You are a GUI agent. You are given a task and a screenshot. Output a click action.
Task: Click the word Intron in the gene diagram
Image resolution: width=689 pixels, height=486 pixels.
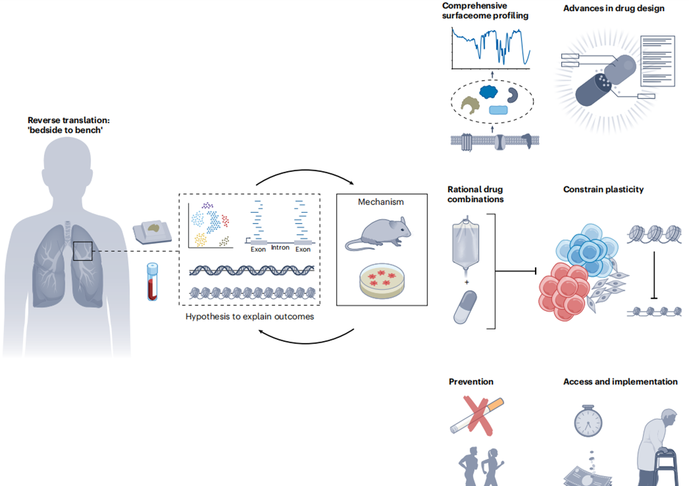click(280, 248)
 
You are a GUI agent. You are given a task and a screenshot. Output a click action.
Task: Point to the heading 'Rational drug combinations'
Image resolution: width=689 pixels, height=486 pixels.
click(475, 194)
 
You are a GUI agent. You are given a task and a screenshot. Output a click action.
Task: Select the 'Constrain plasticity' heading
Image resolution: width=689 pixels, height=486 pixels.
click(603, 190)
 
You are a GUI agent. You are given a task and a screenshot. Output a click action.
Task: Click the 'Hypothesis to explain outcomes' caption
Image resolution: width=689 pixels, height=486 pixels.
click(250, 316)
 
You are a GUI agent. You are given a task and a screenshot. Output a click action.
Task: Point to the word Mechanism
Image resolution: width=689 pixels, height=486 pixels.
click(381, 202)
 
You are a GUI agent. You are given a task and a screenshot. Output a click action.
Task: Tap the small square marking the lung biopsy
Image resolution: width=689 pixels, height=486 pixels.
click(82, 251)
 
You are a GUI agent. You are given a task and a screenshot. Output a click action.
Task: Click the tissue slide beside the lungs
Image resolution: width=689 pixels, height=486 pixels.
click(152, 231)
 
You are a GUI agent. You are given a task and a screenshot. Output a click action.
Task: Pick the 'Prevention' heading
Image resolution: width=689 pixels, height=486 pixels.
click(471, 382)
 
